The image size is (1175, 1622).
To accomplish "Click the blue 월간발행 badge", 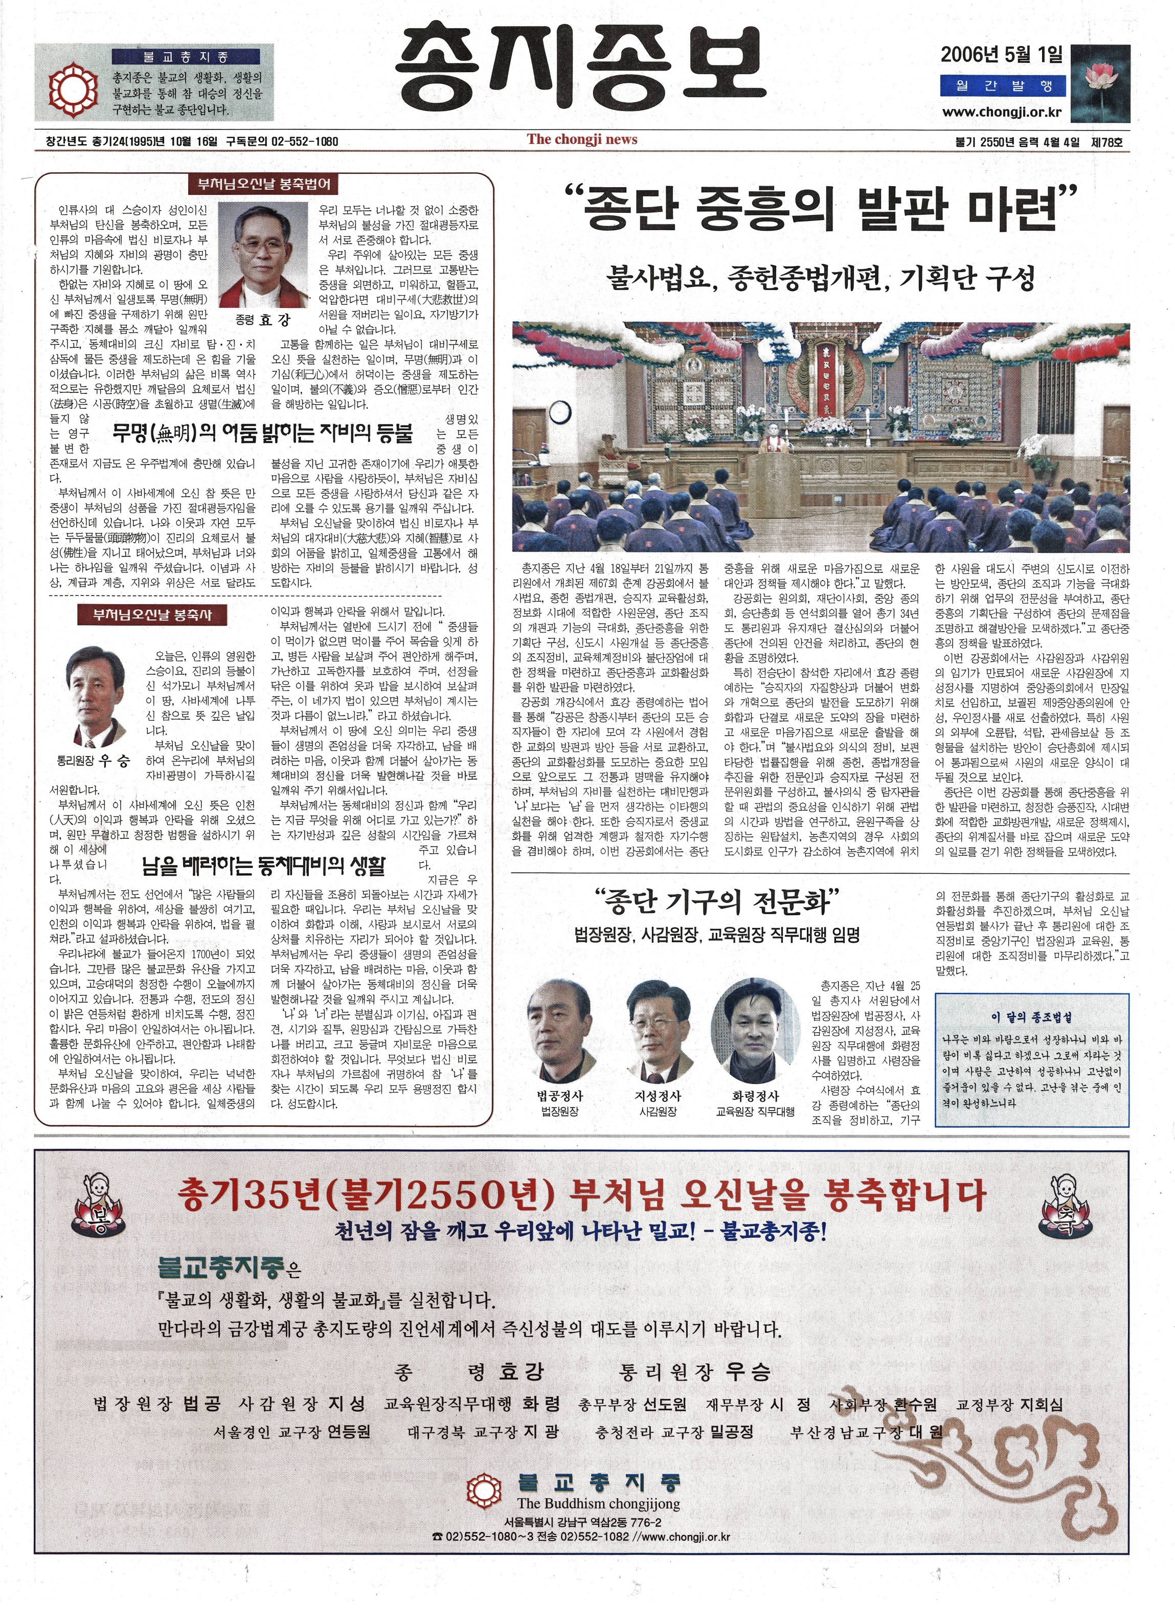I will click(1002, 86).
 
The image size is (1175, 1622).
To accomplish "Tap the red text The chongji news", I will click(582, 140).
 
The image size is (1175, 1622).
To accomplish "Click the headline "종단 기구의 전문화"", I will click(716, 903).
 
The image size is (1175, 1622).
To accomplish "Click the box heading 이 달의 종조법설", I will click(1031, 1016).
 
